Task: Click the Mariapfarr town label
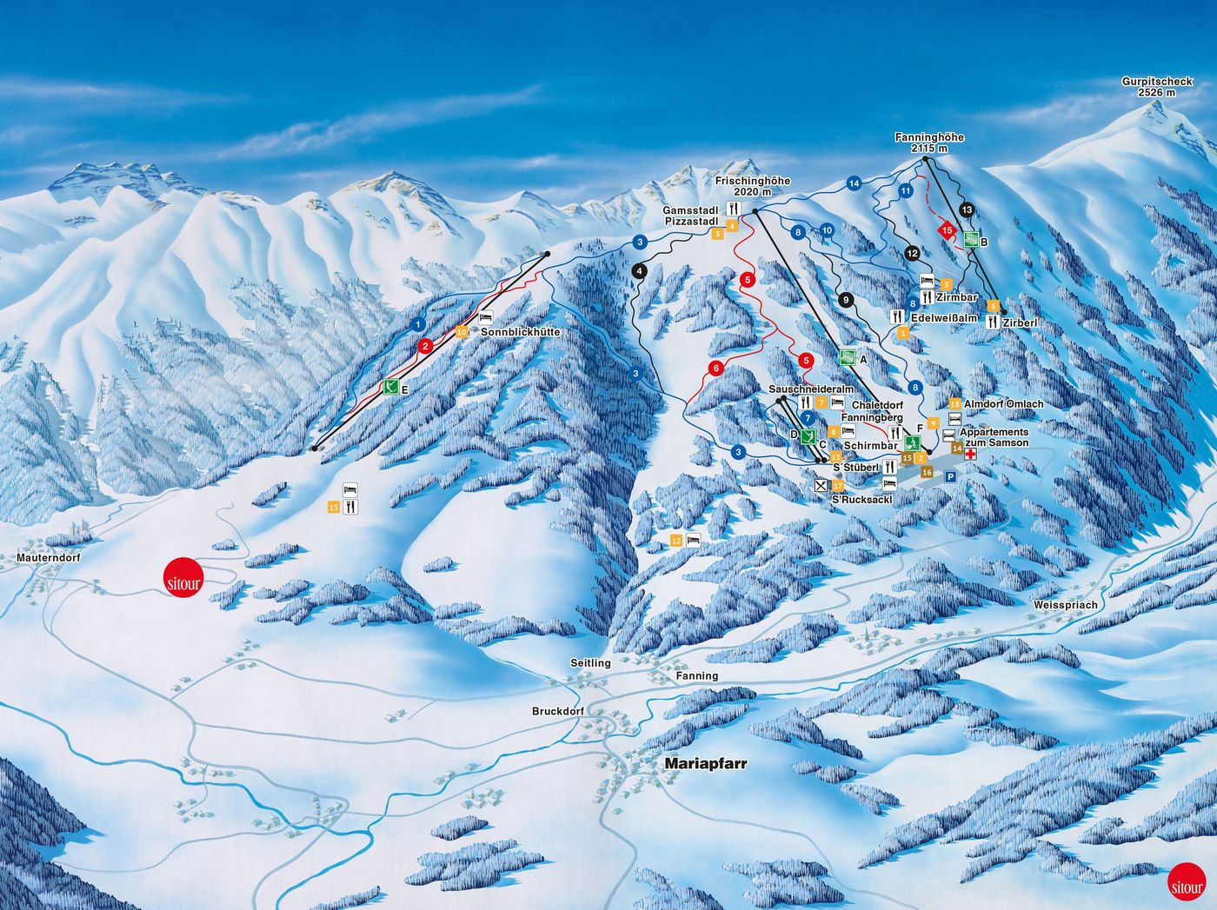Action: (x=705, y=763)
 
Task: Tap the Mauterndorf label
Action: (x=48, y=557)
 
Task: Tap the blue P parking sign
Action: (x=950, y=477)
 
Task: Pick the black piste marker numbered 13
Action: (x=968, y=209)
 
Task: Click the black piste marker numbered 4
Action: (x=641, y=271)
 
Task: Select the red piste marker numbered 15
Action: (x=948, y=230)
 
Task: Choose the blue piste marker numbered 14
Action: (x=854, y=183)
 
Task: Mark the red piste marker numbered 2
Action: (x=425, y=346)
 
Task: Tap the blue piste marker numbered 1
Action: (x=419, y=325)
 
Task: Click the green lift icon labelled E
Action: (x=391, y=388)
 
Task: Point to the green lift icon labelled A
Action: (x=847, y=355)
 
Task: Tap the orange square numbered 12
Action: (x=676, y=541)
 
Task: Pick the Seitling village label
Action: (x=590, y=663)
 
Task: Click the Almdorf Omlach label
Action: (x=1003, y=404)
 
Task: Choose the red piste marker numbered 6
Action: (x=715, y=368)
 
